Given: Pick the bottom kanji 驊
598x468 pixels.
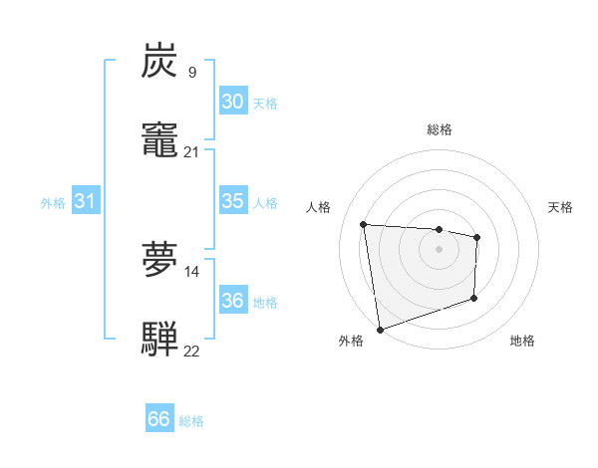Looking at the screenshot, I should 159,338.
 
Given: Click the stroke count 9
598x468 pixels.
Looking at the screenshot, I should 191,73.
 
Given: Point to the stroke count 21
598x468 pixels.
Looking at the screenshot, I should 191,151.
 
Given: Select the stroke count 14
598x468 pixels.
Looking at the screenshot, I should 191,271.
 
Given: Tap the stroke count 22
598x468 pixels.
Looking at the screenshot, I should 191,351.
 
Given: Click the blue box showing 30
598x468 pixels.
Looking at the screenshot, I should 232,102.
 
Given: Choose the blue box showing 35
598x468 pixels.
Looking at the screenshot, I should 232,201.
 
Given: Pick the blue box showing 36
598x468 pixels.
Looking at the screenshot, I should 232,301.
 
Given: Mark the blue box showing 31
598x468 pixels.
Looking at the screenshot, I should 86,201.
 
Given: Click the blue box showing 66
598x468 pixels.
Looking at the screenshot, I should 158,419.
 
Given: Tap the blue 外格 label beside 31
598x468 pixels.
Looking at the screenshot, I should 53,203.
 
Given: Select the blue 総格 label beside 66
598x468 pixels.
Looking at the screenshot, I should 191,421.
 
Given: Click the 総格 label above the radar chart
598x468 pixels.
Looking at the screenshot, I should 439,129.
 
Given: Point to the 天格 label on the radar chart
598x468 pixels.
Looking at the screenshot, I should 560,207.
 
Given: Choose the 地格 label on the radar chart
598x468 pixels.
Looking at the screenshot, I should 522,342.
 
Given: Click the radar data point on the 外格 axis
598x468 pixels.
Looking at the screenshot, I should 379,328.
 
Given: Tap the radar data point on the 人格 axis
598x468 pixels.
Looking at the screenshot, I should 364,224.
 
